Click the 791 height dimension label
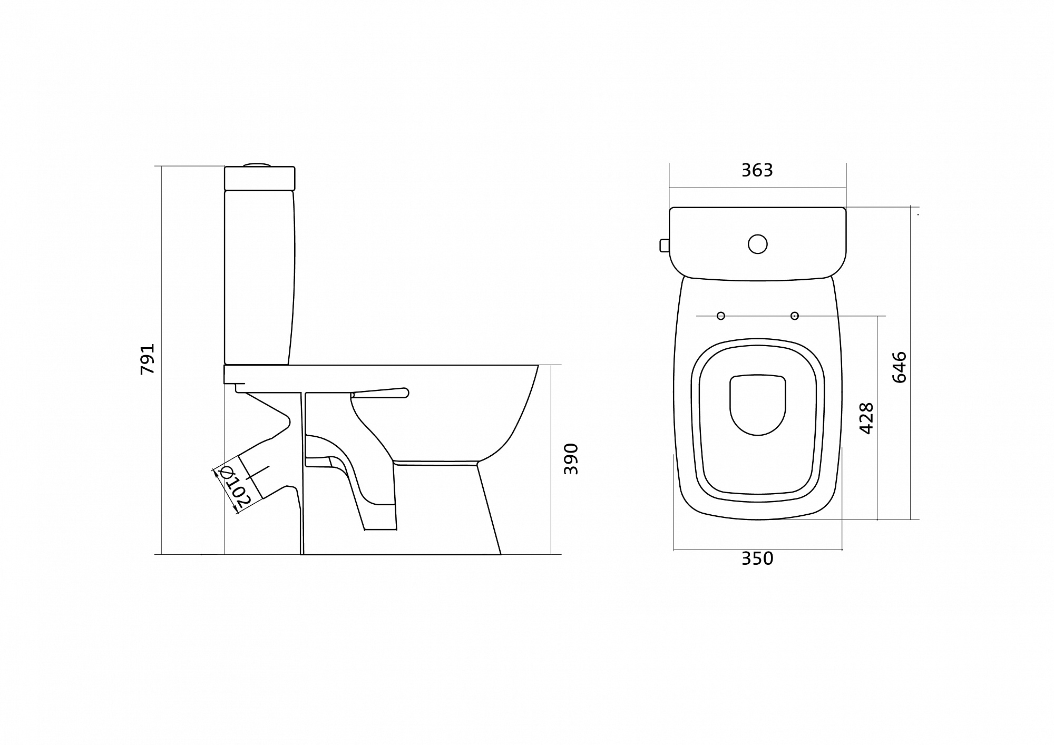[x=148, y=359]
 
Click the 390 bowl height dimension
[x=571, y=459]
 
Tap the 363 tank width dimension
[x=757, y=170]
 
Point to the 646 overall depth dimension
[x=900, y=367]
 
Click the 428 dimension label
[x=866, y=418]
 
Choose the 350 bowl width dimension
[x=757, y=558]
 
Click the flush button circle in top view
[x=758, y=244]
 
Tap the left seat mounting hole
[x=721, y=316]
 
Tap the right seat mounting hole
[x=795, y=316]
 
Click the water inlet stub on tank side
[x=664, y=245]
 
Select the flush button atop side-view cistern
[x=257, y=164]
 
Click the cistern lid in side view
[x=259, y=178]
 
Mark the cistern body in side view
[x=258, y=277]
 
